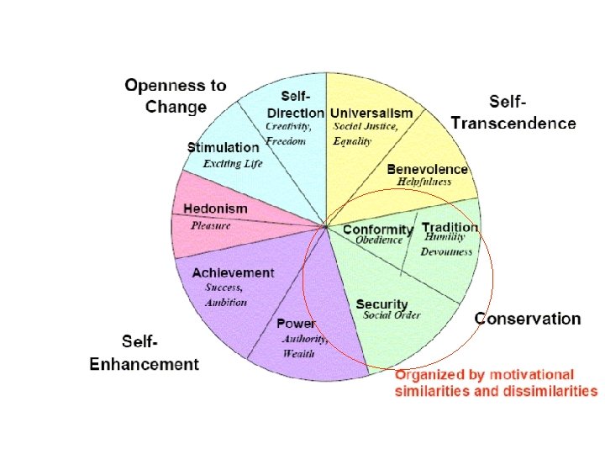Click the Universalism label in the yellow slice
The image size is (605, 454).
[x=371, y=113]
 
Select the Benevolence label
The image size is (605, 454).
[x=427, y=170]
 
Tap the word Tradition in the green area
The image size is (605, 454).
[x=450, y=227]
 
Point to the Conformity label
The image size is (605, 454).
[x=378, y=230]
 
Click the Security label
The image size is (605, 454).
[x=381, y=304]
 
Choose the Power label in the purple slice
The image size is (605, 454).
[x=297, y=324]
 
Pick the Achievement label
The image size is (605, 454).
[x=233, y=272]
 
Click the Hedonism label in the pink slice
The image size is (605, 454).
[x=215, y=209]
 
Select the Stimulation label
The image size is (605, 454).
[x=223, y=148]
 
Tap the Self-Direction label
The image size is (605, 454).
[x=295, y=106]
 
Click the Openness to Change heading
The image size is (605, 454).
[x=176, y=96]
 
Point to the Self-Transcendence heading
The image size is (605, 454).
[x=513, y=113]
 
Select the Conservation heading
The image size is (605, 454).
[x=528, y=319]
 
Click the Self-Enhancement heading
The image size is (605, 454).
[x=145, y=353]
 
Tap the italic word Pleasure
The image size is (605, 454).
[x=210, y=225]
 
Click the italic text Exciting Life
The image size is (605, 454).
[x=233, y=163]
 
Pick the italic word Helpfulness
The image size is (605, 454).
[x=424, y=182]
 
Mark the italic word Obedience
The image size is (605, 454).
[x=380, y=241]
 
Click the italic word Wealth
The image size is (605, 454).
[x=298, y=354]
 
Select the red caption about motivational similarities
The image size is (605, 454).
[x=496, y=383]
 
